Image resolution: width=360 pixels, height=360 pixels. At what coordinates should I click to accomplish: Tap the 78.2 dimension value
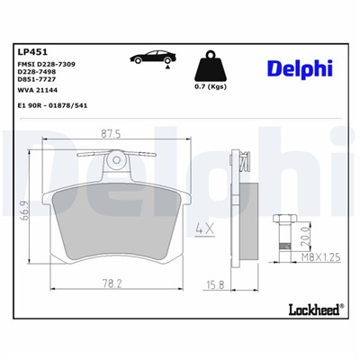[x=112, y=283]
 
